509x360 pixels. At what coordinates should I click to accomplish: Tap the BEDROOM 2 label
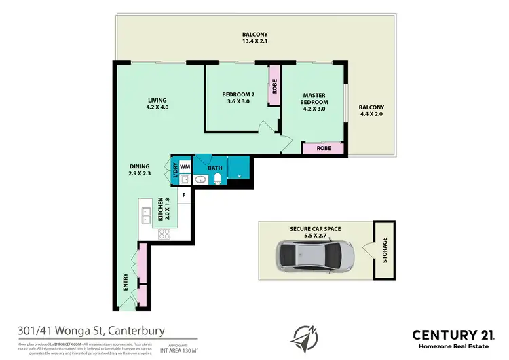238,94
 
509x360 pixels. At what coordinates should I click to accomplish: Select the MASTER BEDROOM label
314,98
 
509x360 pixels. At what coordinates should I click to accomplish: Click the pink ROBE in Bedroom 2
275,86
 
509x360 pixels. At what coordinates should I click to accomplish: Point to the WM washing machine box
185,166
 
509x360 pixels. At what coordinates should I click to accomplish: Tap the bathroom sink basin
201,180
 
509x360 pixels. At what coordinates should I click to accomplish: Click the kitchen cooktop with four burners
164,234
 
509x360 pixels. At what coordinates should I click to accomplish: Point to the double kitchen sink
145,215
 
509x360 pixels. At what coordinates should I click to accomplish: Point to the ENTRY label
126,282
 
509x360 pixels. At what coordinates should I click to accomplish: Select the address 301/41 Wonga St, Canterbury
92,331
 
